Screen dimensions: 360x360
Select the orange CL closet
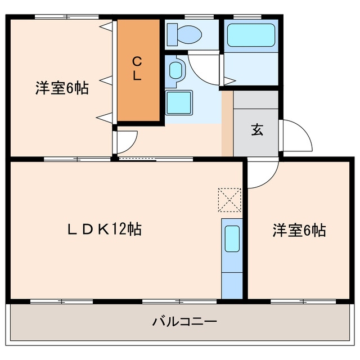138,70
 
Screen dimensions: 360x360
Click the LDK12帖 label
104,229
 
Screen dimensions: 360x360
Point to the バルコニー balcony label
184,322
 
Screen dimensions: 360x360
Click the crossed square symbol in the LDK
229,199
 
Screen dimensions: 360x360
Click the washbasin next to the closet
176,70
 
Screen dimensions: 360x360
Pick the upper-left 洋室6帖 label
62,88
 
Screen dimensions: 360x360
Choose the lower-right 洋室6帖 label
299,230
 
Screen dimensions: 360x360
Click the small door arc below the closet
127,141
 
